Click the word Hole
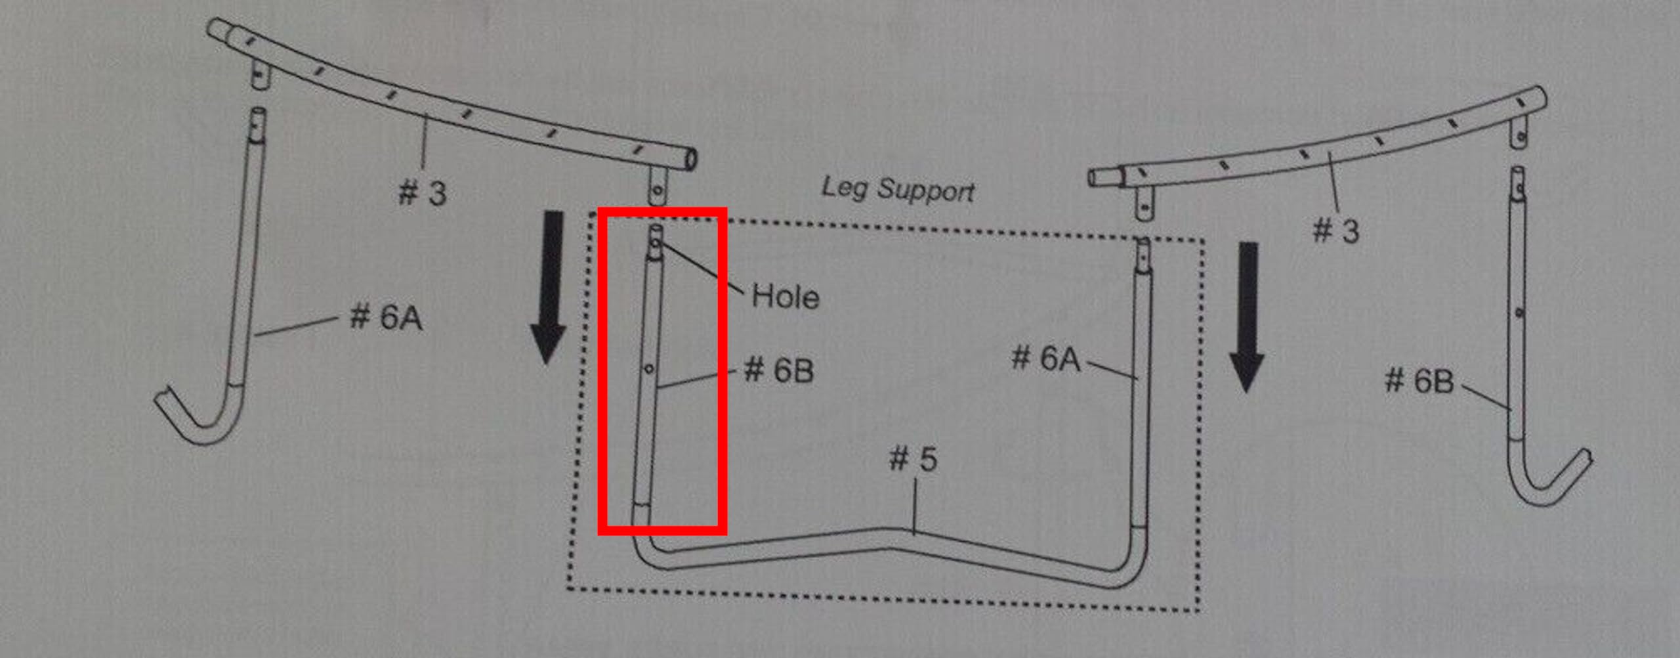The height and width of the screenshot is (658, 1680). pos(785,296)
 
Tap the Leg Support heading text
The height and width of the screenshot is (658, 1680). pos(898,189)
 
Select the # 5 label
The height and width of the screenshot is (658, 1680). pos(913,458)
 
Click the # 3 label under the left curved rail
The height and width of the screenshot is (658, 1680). pos(423,193)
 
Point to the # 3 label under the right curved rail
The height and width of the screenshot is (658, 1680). pos(1335,230)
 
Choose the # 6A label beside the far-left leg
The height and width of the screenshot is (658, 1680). pos(386,317)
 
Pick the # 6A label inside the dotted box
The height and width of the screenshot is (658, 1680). pos(1046,359)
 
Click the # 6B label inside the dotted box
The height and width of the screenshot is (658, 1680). pos(779,370)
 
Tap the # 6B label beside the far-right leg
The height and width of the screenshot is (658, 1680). pos(1419,381)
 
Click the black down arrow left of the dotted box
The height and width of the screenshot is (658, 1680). pos(549,288)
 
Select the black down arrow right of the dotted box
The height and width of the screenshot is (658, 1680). pos(1247,318)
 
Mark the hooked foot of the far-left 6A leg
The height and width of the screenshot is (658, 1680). pos(197,420)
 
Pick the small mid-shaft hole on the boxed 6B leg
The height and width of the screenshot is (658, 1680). pos(648,369)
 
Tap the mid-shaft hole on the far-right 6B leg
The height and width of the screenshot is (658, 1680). pos(1520,313)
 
